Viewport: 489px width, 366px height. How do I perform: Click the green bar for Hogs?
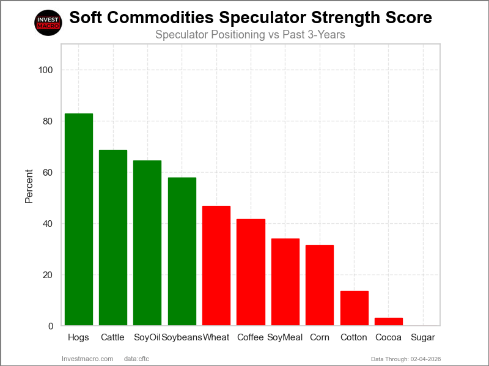click(79, 220)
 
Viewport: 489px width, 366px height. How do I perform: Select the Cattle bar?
click(113, 238)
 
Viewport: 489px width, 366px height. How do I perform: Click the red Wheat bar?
click(216, 266)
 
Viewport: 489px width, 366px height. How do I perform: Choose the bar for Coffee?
click(251, 272)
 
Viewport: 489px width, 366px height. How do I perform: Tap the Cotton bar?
click(354, 308)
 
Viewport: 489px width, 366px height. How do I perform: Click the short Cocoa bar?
click(389, 321)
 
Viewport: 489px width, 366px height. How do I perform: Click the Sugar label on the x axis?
click(423, 337)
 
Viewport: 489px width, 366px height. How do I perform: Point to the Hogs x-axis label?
click(79, 337)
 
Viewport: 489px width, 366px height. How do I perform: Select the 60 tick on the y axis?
click(48, 173)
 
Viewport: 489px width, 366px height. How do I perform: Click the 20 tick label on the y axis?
click(48, 275)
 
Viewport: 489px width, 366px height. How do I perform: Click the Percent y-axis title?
click(29, 185)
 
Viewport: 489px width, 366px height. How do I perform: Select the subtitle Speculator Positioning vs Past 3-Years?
click(250, 35)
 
